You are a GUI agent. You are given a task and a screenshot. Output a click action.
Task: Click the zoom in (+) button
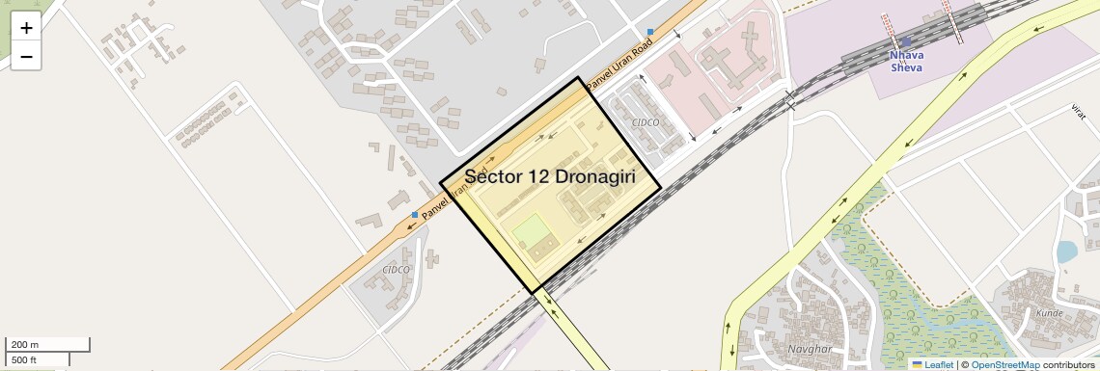[x=26, y=27]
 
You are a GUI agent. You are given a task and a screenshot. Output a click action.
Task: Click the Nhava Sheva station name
[x=906, y=62]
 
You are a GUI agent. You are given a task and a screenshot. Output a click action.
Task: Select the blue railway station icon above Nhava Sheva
[x=906, y=41]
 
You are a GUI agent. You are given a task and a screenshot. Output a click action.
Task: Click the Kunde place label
[x=1049, y=314]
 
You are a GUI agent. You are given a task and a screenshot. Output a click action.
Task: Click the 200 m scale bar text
[x=26, y=345]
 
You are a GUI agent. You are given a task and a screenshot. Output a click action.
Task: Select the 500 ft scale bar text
[x=25, y=360]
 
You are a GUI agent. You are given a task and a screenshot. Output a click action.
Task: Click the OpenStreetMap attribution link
[x=1004, y=365]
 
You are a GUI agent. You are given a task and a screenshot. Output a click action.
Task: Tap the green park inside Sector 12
[x=529, y=231]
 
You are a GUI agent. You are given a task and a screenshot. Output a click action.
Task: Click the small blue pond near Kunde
[x=1065, y=252]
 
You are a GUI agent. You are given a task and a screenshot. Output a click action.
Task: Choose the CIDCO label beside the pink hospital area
[x=645, y=122]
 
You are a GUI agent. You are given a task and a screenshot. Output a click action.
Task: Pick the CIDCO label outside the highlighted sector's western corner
[x=396, y=270]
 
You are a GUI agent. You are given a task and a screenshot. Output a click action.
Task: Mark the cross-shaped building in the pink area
[x=732, y=58]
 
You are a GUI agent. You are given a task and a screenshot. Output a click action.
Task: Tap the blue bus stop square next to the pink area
[x=650, y=32]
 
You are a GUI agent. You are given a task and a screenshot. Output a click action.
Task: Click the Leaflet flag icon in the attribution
[x=917, y=365]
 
